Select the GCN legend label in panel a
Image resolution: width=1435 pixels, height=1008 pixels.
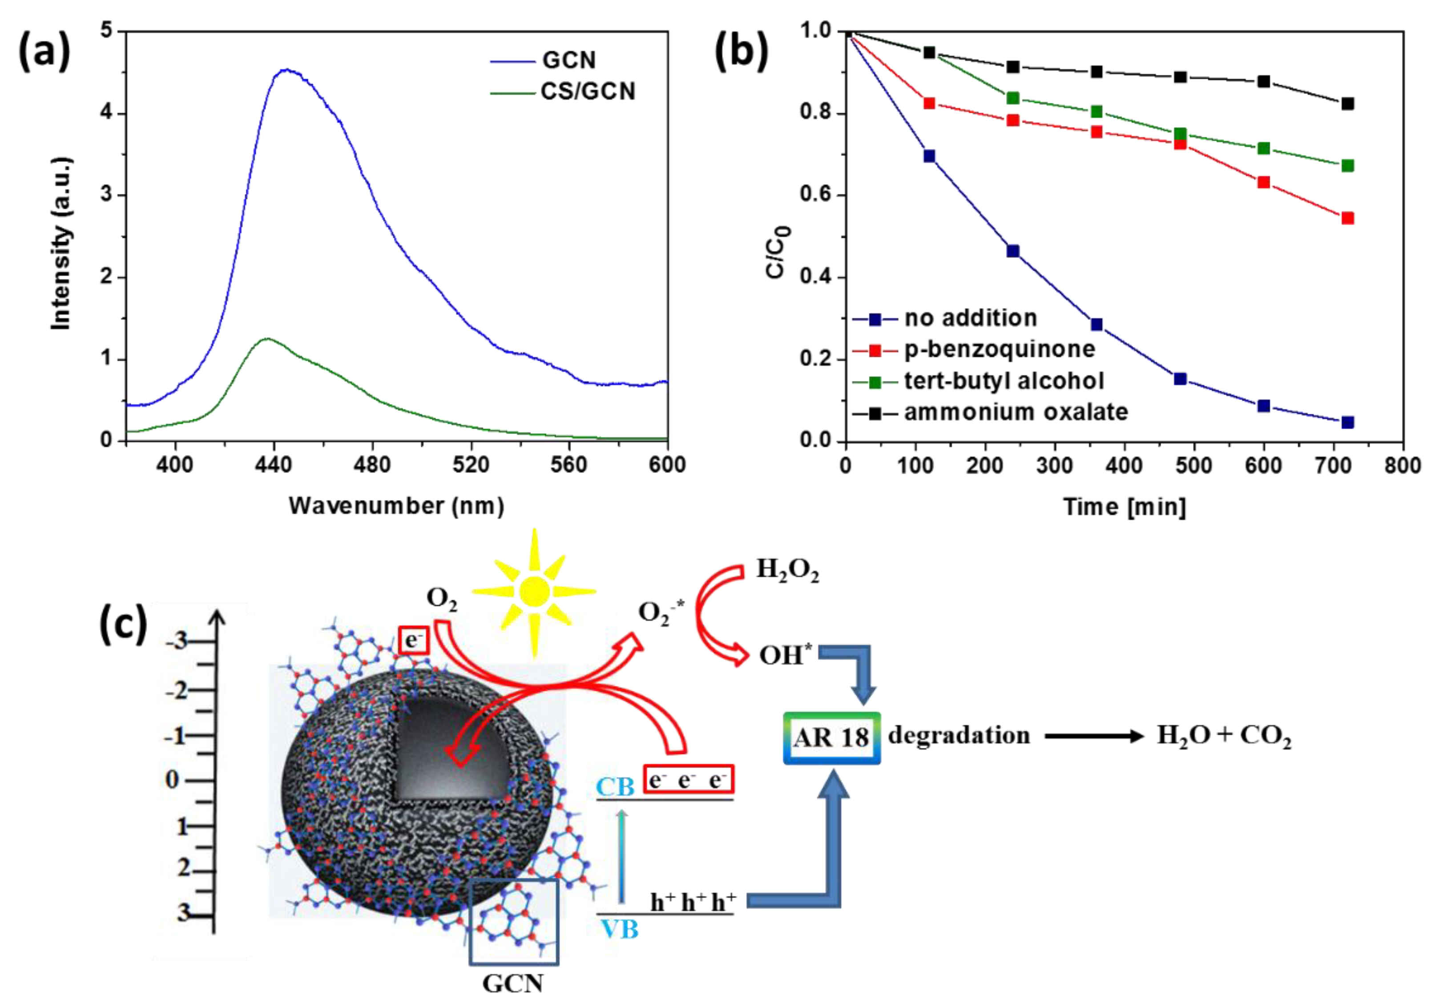(x=569, y=60)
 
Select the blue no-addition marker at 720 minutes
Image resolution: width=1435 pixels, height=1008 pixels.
(x=1347, y=423)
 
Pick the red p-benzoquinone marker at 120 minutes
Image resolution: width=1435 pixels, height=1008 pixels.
(x=929, y=103)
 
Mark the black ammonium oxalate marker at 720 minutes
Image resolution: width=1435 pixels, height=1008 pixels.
(x=1347, y=104)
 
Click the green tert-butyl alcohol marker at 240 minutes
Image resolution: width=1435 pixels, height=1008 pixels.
(x=1013, y=98)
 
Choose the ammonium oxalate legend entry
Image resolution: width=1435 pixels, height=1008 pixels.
(x=1016, y=412)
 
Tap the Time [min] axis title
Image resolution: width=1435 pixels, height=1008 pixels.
(x=1125, y=506)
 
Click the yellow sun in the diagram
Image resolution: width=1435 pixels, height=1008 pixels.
(x=534, y=591)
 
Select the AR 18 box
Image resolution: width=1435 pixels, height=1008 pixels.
(x=831, y=738)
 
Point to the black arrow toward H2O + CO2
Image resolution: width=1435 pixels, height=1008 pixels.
(x=1094, y=736)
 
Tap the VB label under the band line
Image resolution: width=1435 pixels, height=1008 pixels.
(x=619, y=930)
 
